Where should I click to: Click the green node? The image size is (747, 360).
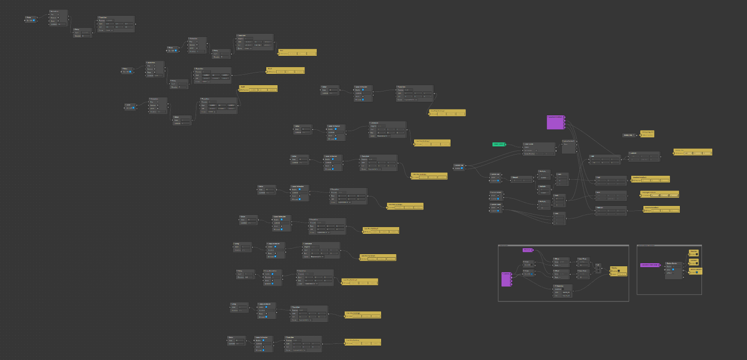498,144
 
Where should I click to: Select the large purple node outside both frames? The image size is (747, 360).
555,123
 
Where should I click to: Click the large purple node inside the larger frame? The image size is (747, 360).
506,279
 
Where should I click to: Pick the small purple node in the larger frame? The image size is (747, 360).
527,250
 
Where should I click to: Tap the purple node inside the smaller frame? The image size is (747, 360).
650,265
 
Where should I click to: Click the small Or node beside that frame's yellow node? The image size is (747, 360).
598,269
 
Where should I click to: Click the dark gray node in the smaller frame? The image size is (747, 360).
674,270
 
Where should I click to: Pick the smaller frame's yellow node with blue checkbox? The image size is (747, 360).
696,271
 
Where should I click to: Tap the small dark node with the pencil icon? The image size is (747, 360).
629,135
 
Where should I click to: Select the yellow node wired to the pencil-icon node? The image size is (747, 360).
647,134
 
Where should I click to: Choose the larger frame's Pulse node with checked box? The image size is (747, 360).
528,273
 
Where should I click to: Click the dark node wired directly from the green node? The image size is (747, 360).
538,149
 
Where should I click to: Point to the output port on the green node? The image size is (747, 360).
505,144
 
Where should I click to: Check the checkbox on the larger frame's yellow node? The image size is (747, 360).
619,271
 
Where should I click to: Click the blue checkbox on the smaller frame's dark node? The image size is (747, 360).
673,269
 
